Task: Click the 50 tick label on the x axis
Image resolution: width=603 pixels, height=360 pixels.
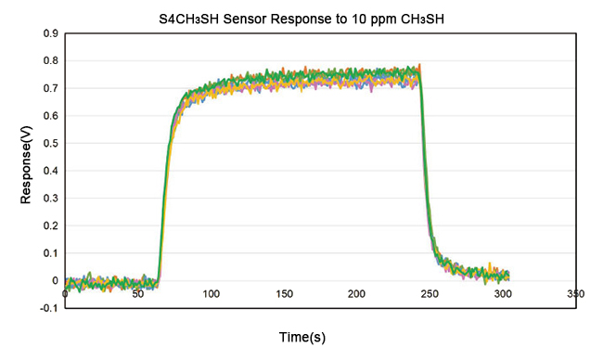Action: tap(137, 293)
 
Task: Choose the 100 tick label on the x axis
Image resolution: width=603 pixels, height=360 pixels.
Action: tap(211, 293)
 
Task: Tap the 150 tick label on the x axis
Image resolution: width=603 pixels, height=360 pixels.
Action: tap(284, 293)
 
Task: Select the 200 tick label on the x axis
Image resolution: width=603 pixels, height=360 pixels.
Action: tap(356, 293)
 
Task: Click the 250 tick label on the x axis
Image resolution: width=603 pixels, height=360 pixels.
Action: tap(430, 293)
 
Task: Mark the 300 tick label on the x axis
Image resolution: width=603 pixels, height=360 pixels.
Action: tap(502, 293)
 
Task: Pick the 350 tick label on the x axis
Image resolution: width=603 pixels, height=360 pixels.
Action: tap(575, 293)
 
